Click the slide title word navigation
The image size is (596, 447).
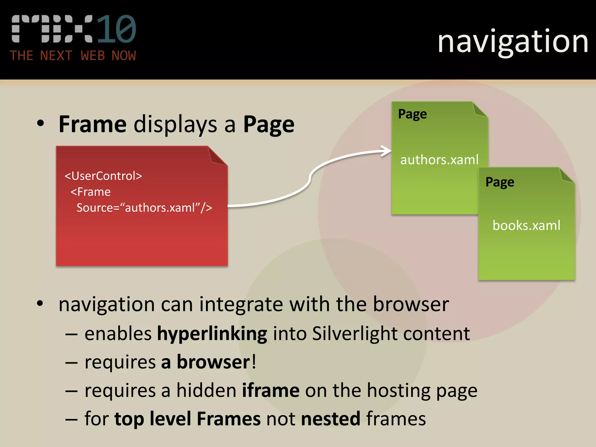[513, 42]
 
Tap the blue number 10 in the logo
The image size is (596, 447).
[116, 29]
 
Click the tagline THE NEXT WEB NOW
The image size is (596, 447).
[73, 56]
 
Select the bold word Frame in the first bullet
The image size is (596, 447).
[93, 124]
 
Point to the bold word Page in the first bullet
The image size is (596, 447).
[269, 125]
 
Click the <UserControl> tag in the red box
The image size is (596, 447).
[103, 176]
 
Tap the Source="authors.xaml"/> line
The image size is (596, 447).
[144, 208]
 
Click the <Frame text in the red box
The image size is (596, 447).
[91, 192]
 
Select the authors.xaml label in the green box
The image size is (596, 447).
[439, 160]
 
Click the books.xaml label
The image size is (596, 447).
[526, 226]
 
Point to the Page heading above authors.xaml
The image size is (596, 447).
[412, 114]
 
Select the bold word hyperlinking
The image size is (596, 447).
[212, 334]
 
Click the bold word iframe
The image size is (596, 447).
[271, 391]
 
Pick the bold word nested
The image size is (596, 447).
[331, 419]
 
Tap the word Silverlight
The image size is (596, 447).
[355, 334]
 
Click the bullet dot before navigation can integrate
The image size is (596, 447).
[40, 304]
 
